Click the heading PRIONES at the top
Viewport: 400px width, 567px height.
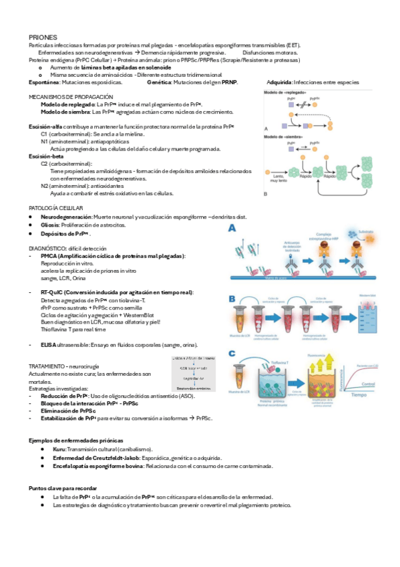43,37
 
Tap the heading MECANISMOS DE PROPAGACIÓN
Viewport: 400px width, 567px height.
66,97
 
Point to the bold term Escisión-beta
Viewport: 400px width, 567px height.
46,155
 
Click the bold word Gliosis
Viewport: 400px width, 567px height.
50,225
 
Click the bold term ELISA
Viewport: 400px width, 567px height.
47,344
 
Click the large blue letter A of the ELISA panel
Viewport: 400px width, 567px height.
233,229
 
